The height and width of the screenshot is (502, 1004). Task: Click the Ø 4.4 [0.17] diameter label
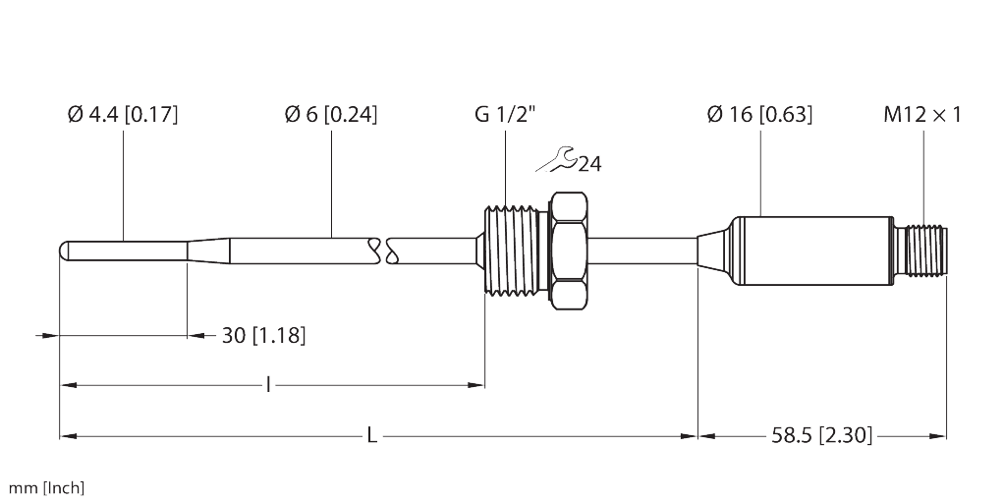[122, 115]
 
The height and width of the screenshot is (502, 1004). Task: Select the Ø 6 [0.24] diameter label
[330, 115]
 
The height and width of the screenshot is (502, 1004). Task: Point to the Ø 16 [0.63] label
[759, 115]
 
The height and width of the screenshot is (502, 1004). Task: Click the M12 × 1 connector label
[922, 115]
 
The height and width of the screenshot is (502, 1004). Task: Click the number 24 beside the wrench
[589, 164]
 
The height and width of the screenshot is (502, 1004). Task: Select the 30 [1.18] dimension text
[263, 336]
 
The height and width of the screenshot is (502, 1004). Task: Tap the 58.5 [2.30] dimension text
[821, 435]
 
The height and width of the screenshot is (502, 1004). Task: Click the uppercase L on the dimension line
[371, 435]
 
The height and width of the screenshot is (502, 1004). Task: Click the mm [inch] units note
[47, 487]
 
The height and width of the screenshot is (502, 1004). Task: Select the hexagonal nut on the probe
[571, 250]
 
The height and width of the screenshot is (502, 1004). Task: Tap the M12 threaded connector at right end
[924, 250]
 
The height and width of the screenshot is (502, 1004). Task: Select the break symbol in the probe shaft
[382, 251]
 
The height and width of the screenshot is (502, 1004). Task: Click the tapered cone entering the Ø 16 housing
[714, 250]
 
